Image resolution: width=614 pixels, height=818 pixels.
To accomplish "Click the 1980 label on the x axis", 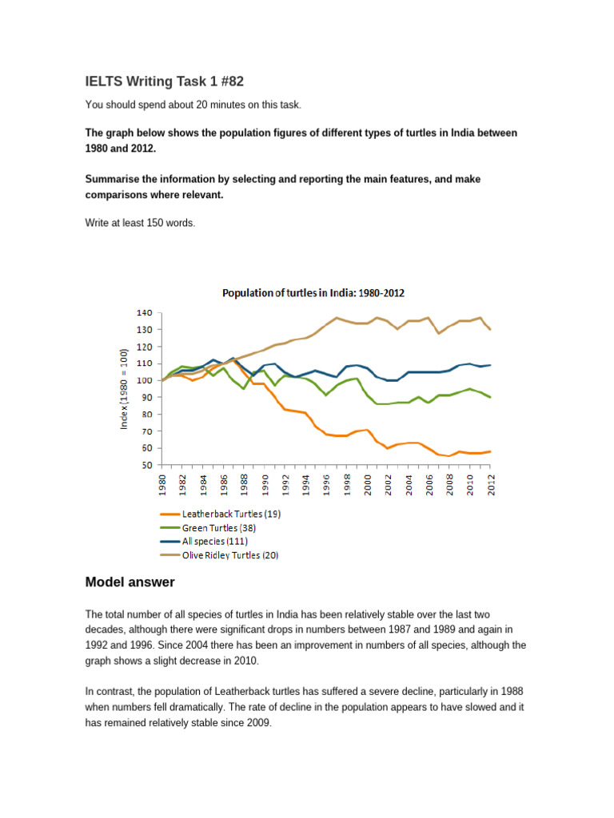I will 163,485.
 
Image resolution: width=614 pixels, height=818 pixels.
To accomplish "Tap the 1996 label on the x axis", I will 325,485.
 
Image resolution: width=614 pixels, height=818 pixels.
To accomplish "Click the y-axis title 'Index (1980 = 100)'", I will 124,389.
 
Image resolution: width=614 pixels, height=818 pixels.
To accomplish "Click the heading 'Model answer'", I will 130,582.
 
